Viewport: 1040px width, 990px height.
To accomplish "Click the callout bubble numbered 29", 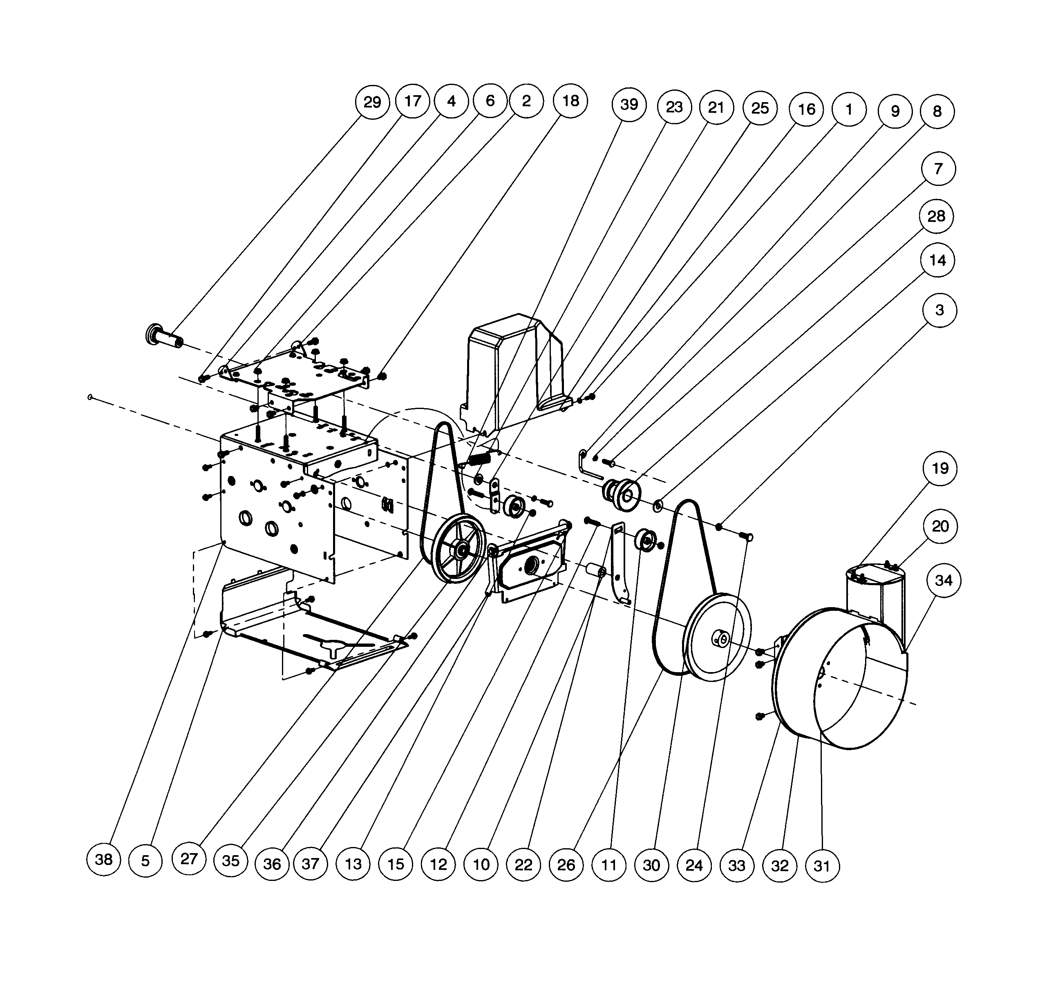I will pos(372,102).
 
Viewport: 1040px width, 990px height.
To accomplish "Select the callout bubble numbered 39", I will pos(629,105).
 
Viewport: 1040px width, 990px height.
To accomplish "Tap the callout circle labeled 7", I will pos(938,168).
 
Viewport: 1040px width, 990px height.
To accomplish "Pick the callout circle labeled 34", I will pos(943,581).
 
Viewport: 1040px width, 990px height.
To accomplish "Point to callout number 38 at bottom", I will pos(103,859).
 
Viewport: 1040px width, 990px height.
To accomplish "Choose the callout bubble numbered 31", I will pos(822,865).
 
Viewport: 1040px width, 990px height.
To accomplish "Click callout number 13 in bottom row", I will pos(353,864).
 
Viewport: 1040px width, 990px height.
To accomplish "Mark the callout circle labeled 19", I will pos(940,468).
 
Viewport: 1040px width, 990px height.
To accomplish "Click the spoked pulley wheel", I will pos(458,549).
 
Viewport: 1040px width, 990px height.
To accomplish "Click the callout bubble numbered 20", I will pos(940,526).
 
